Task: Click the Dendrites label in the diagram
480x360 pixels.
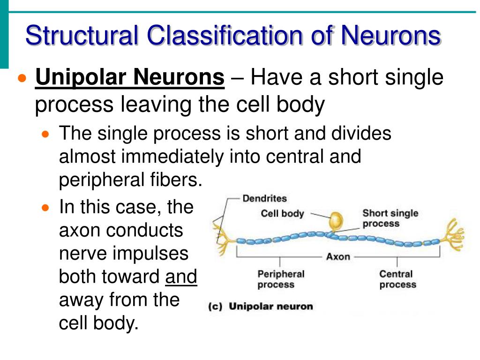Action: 264,199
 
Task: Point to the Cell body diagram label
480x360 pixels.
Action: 282,214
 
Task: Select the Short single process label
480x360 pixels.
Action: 390,218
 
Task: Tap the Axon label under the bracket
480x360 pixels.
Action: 338,257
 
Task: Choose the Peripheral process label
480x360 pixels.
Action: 281,279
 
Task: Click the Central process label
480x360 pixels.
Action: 397,279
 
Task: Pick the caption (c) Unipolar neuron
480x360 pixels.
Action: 260,307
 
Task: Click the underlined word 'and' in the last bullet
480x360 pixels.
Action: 181,277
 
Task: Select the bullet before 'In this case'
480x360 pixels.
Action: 45,207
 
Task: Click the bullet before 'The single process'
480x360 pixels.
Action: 45,134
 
